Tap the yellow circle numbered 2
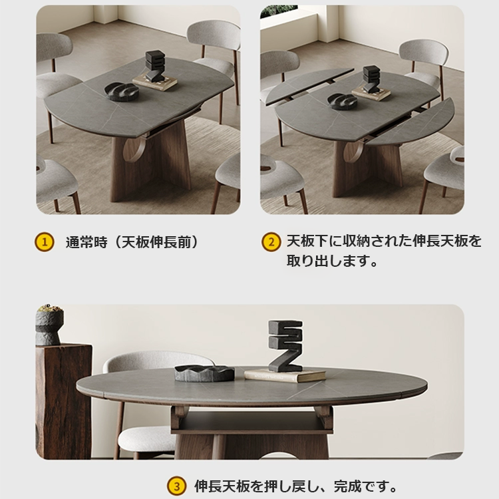tap(270, 242)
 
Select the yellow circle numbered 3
tap(176, 486)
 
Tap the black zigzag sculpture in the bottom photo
tap(285, 345)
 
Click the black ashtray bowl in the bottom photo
tap(204, 373)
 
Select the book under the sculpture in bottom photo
tap(285, 375)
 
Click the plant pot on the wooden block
tap(49, 327)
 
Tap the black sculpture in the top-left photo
tap(155, 67)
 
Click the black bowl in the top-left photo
tap(122, 91)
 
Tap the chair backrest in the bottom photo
tap(157, 363)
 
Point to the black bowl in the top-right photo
tap(343, 101)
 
